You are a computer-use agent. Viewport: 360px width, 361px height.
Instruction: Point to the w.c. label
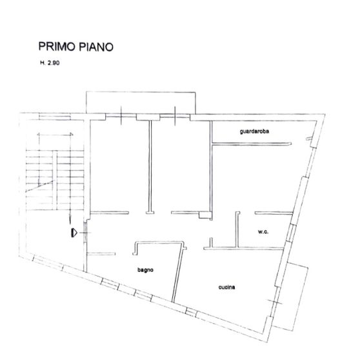(263, 231)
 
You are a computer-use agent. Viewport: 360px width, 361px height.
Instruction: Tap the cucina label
(226, 288)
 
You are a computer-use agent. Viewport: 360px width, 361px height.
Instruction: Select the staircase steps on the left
(57, 171)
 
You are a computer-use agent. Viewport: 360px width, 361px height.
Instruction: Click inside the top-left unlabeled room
(119, 164)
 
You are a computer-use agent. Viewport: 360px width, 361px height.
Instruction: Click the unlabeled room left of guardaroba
(181, 164)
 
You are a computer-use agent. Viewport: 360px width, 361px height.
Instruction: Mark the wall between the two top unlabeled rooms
(150, 164)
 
